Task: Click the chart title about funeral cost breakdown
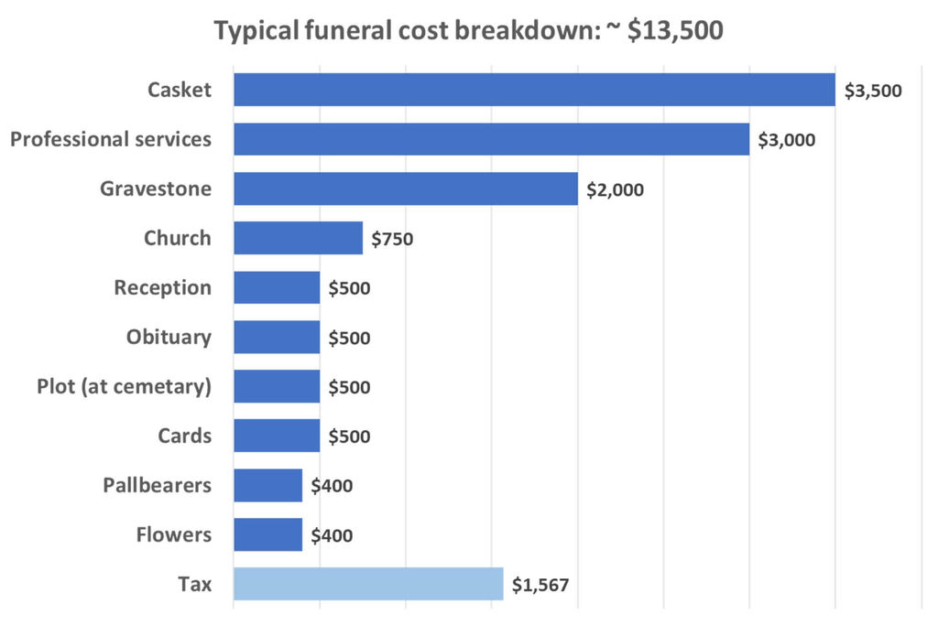coord(468,30)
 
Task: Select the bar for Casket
coord(534,90)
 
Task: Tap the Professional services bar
coord(491,139)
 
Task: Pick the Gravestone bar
coord(406,189)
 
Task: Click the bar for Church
coord(298,238)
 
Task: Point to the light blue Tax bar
coord(368,584)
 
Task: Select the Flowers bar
coord(267,534)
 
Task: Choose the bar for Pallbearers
coord(267,485)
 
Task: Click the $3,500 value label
coord(873,91)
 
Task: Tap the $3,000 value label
coord(787,140)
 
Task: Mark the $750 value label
coord(392,240)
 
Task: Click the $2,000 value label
coord(616,190)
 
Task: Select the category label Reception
coord(162,287)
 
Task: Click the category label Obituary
coord(169,337)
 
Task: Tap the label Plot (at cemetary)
coord(124,387)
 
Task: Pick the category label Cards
coord(184,436)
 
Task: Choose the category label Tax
coord(194,584)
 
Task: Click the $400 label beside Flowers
coord(332,535)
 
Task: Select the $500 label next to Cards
coord(349,436)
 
